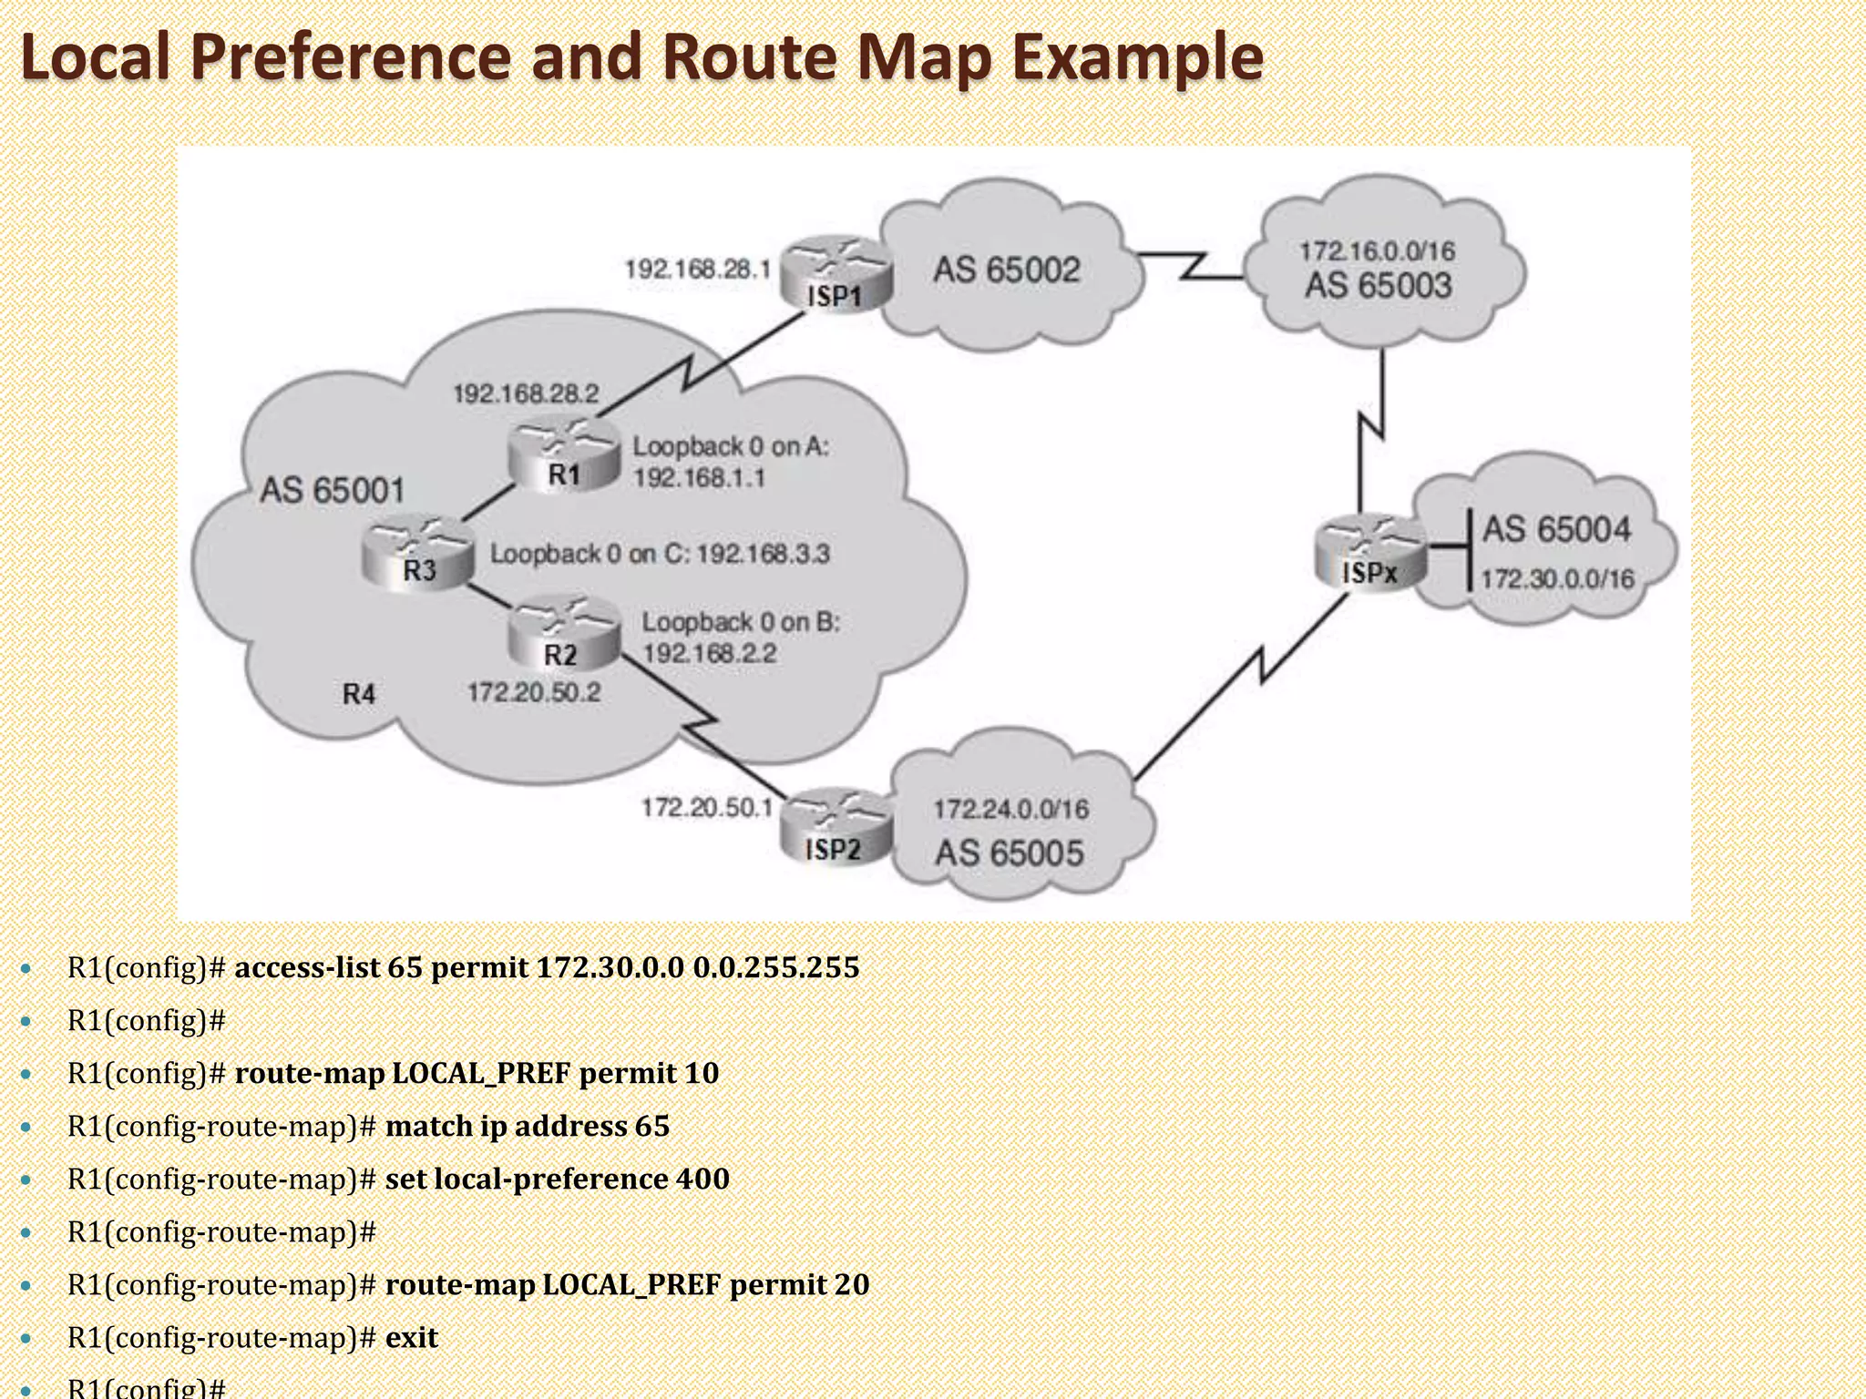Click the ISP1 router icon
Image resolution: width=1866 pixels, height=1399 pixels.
point(835,274)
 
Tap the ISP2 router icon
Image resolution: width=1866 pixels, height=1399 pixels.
point(834,827)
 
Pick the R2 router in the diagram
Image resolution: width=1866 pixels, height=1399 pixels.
point(562,635)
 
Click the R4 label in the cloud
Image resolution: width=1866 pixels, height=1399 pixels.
point(359,694)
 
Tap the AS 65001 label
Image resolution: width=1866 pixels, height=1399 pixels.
point(332,490)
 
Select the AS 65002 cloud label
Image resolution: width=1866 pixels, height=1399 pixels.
point(1007,270)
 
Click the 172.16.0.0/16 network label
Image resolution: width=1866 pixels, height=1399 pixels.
point(1377,250)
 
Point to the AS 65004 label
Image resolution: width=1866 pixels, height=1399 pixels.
point(1556,529)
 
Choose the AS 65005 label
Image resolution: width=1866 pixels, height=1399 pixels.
point(1010,853)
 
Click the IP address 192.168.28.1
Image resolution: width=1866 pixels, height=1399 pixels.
point(697,269)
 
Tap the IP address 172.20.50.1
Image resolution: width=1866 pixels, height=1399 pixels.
point(706,807)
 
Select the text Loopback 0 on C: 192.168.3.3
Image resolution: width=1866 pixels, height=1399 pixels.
point(660,554)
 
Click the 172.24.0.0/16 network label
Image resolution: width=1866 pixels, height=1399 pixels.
point(1010,809)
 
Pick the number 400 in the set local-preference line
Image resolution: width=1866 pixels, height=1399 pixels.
point(702,1179)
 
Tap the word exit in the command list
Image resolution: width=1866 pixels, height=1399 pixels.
point(412,1337)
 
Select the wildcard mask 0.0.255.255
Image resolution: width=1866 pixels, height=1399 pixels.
point(775,967)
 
